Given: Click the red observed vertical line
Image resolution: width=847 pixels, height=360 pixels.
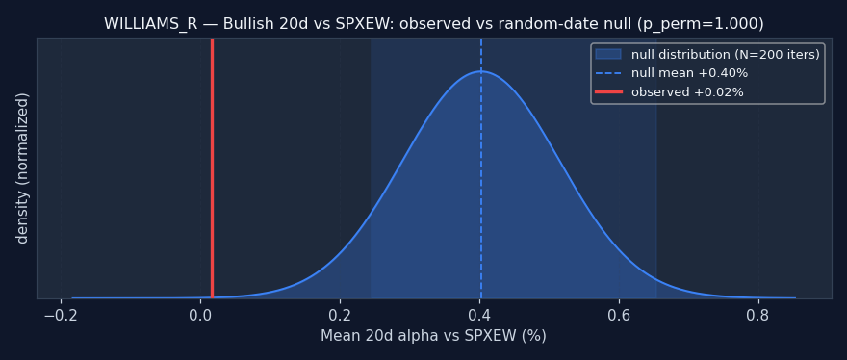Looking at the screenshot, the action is pyautogui.click(x=212, y=168).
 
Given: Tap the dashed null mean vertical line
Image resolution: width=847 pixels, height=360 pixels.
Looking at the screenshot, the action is pyautogui.click(x=480, y=168).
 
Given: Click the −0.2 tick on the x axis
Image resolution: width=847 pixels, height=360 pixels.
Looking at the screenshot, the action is pyautogui.click(x=61, y=314).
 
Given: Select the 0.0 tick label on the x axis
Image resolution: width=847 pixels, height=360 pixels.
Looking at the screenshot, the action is pyautogui.click(x=200, y=314).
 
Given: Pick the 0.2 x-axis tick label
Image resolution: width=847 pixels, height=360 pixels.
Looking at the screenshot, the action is pyautogui.click(x=340, y=314).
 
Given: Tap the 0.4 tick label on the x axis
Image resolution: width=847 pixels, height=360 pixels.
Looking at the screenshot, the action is pyautogui.click(x=479, y=314).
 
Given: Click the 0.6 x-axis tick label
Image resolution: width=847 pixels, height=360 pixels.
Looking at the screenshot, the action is pyautogui.click(x=619, y=314).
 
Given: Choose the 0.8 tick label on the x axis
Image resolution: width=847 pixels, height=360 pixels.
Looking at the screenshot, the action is pyautogui.click(x=759, y=314).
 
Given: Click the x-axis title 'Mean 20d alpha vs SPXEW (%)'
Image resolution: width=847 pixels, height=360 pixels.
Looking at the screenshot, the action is pyautogui.click(x=434, y=336).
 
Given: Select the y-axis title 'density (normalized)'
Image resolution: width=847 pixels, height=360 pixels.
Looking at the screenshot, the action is pyautogui.click(x=22, y=168).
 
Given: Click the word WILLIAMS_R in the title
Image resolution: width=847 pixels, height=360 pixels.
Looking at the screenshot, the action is pyautogui.click(x=147, y=24).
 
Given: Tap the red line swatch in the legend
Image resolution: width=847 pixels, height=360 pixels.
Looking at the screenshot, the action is pyautogui.click(x=608, y=92).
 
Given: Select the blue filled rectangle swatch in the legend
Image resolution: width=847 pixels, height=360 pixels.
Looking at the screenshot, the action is pyautogui.click(x=608, y=55).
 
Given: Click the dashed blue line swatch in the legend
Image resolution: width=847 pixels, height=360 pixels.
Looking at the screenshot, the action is pyautogui.click(x=608, y=73).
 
